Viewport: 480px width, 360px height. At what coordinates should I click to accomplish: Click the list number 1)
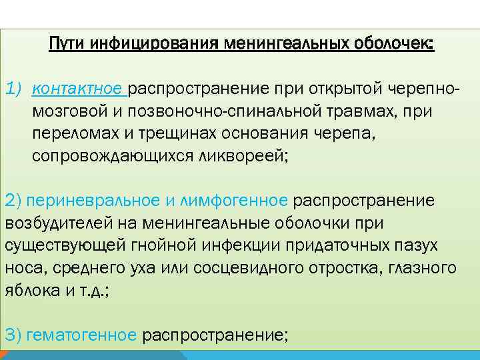(x=15, y=89)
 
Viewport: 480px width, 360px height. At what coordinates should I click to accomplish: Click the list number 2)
(x=14, y=200)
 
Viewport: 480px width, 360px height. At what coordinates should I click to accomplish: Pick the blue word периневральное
(x=79, y=200)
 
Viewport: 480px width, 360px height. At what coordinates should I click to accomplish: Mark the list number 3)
(x=14, y=335)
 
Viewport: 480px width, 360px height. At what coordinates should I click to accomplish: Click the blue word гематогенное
(x=82, y=335)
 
